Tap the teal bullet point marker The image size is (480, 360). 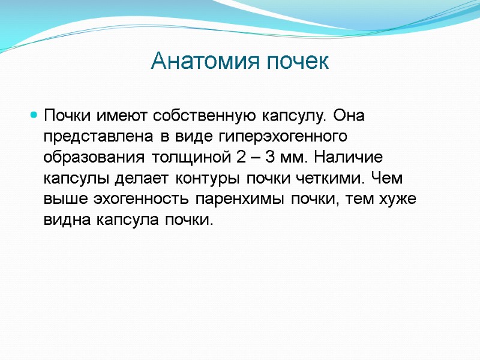coord(34,114)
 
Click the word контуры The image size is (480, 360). coord(209,179)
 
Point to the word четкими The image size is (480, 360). coord(334,179)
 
